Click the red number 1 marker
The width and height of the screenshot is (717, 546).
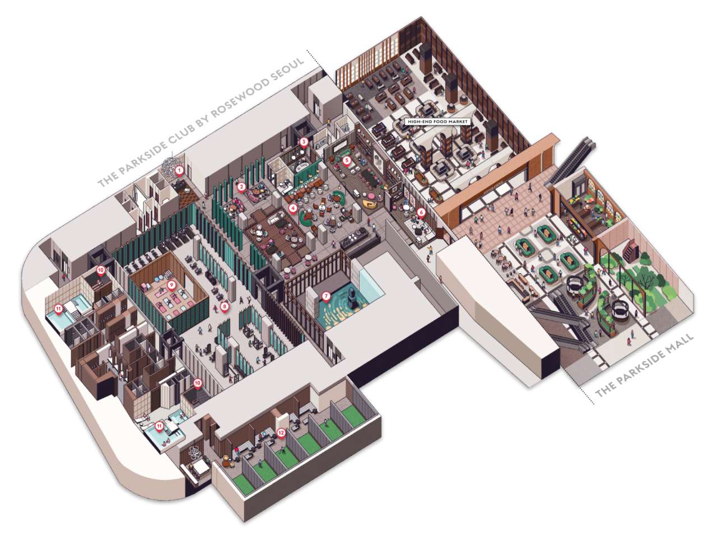coord(179,169)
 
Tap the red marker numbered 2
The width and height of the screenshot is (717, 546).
coord(241,186)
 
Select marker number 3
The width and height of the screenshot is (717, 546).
coord(303,142)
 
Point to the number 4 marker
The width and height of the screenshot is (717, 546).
coord(292,207)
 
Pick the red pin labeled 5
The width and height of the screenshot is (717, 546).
coord(347,160)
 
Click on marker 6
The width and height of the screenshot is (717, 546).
coord(420,213)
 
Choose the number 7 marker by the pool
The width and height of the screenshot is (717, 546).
coord(326,295)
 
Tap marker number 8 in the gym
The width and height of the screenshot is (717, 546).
coord(224,306)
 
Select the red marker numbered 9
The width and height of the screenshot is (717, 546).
coord(172,284)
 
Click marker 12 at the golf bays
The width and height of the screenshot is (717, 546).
coord(281,432)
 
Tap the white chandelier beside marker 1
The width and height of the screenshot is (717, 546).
coord(168,165)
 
